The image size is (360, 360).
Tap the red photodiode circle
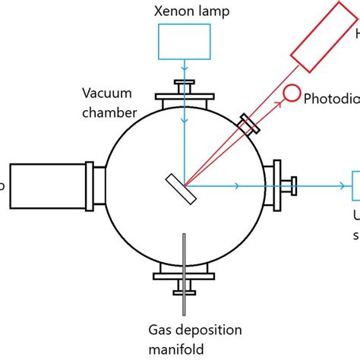[x=291, y=93]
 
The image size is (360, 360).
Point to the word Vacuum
[x=107, y=95]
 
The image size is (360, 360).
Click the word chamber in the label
[x=111, y=112]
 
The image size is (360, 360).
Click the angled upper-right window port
[x=248, y=124]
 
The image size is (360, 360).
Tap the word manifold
[x=185, y=347]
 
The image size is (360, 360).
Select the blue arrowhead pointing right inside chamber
[x=238, y=185]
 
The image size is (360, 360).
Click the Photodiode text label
[x=330, y=99]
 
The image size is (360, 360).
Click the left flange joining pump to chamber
[x=96, y=185]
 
